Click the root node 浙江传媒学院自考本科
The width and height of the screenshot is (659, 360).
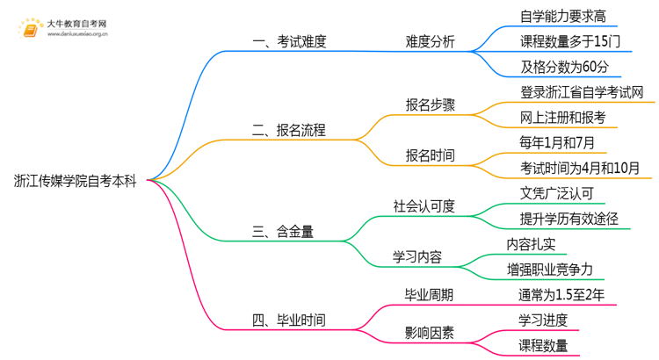[75, 181]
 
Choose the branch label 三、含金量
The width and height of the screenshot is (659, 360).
[283, 232]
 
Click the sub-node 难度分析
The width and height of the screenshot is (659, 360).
[430, 42]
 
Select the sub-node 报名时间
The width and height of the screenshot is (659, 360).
[430, 155]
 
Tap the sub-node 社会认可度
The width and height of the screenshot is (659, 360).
[424, 206]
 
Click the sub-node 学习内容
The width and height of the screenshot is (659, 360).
[416, 256]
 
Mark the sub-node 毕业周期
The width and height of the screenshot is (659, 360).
[430, 294]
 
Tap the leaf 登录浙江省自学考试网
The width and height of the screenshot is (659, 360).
[582, 92]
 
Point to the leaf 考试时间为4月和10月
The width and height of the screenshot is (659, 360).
[581, 168]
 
